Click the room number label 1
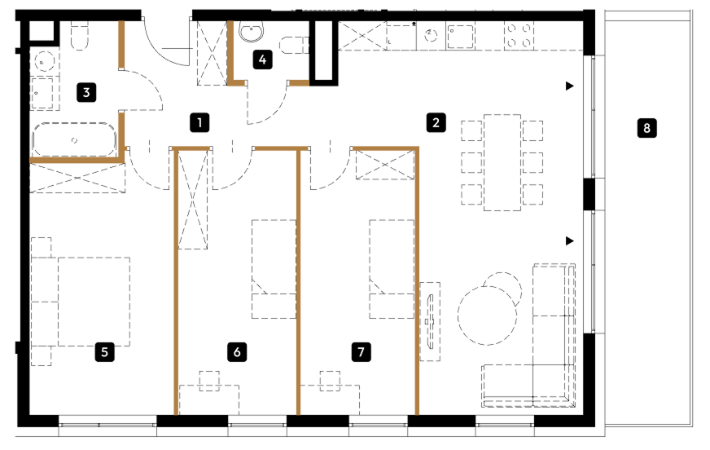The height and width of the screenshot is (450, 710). [199, 123]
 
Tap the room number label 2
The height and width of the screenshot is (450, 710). [436, 122]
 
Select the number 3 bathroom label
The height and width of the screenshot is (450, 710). [86, 92]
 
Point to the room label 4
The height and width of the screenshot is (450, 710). [263, 60]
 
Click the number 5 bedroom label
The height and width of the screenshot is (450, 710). [104, 352]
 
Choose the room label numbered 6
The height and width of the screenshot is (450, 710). [237, 351]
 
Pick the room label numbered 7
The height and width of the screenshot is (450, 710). [361, 351]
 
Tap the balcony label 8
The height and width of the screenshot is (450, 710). [646, 128]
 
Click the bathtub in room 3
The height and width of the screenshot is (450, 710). [74, 140]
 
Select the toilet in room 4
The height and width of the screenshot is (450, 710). [293, 46]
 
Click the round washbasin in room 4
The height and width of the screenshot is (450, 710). [252, 32]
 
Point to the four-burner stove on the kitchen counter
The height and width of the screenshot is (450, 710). [519, 35]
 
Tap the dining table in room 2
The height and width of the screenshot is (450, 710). [502, 163]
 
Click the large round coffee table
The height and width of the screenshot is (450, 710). [487, 315]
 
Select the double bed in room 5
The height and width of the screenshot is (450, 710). [94, 302]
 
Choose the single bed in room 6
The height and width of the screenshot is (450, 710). [274, 269]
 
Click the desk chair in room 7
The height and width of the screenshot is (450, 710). [330, 381]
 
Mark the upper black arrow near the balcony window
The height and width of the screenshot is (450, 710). [570, 86]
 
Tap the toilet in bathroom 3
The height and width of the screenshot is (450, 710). [79, 36]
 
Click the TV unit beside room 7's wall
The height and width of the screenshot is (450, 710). [430, 322]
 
